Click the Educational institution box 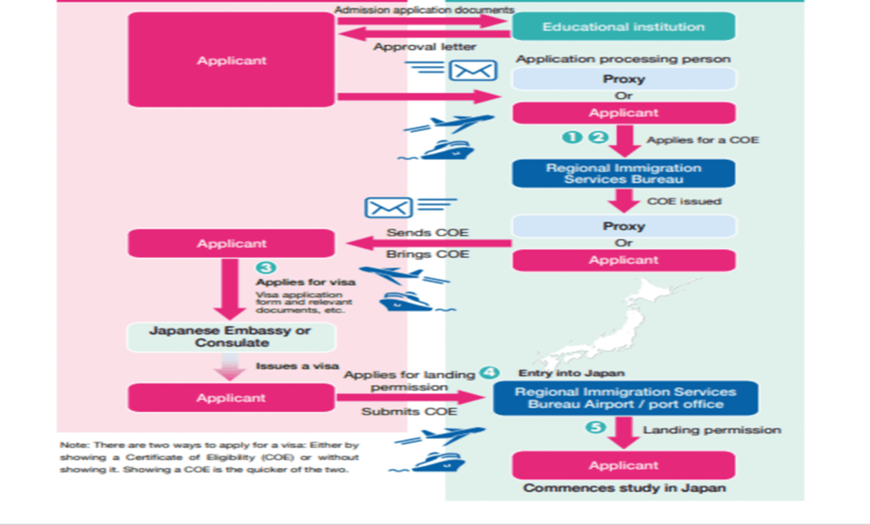[x=623, y=27]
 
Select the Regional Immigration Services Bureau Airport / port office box [x=625, y=398]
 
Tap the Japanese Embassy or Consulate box [x=231, y=337]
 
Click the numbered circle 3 [x=266, y=268]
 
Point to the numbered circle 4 [x=489, y=373]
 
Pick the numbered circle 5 [x=595, y=427]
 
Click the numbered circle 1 [x=572, y=137]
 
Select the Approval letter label [x=424, y=47]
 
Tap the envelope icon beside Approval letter [x=473, y=70]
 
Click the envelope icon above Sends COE [x=388, y=207]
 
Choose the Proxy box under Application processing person [x=623, y=79]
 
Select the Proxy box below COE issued [x=623, y=226]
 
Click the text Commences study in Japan [x=624, y=488]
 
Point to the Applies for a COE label [x=702, y=139]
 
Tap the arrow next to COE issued [x=623, y=200]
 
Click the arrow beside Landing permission [x=623, y=432]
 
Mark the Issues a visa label [x=297, y=366]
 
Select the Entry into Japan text [x=571, y=373]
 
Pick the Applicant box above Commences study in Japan [x=623, y=465]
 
